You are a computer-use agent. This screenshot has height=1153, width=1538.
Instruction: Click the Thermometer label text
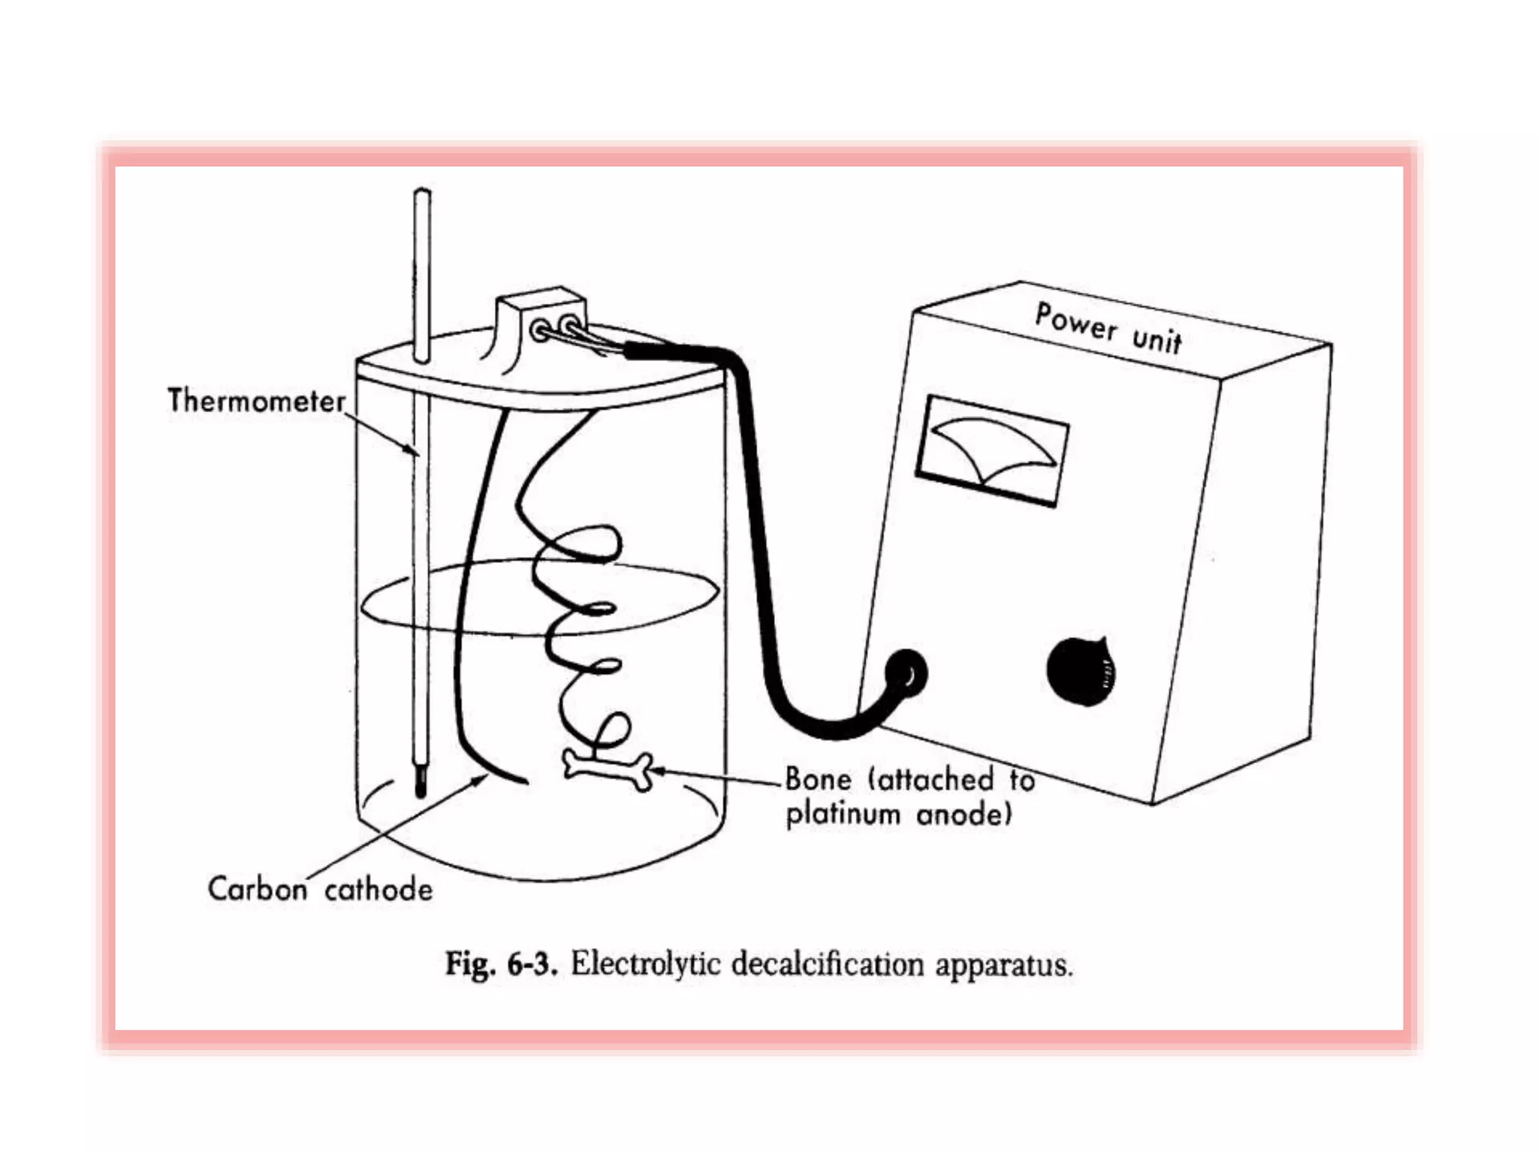coord(255,401)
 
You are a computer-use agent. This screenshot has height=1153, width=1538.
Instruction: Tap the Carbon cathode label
coord(320,890)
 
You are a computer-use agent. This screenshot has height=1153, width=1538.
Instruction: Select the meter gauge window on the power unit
coord(992,451)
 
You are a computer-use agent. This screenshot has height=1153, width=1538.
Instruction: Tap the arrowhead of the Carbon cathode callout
coord(480,781)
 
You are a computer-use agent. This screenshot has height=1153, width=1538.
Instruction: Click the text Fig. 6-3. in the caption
coord(501,963)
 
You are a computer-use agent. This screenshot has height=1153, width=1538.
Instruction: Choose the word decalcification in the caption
coord(827,963)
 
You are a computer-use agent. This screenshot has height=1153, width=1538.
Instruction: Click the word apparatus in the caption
coord(1003,965)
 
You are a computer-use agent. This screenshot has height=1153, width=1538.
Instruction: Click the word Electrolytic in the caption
coord(646,963)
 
